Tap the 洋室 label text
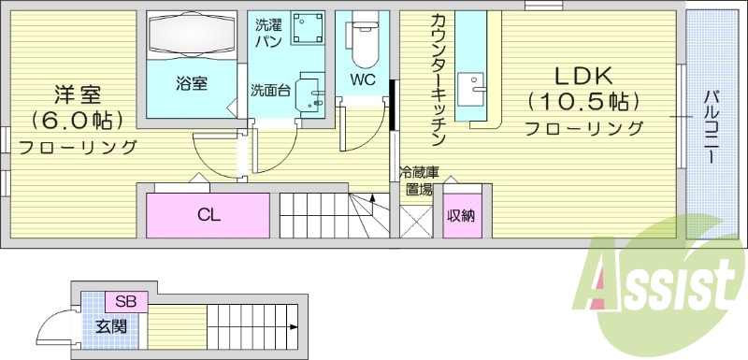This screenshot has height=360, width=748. (78, 94)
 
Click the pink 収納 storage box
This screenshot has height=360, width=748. (460, 216)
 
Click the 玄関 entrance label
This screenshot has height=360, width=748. (110, 326)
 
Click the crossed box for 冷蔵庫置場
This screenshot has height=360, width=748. (414, 218)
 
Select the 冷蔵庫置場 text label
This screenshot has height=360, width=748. (416, 180)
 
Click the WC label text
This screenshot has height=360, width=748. (363, 79)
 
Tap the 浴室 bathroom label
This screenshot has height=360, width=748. (191, 82)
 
